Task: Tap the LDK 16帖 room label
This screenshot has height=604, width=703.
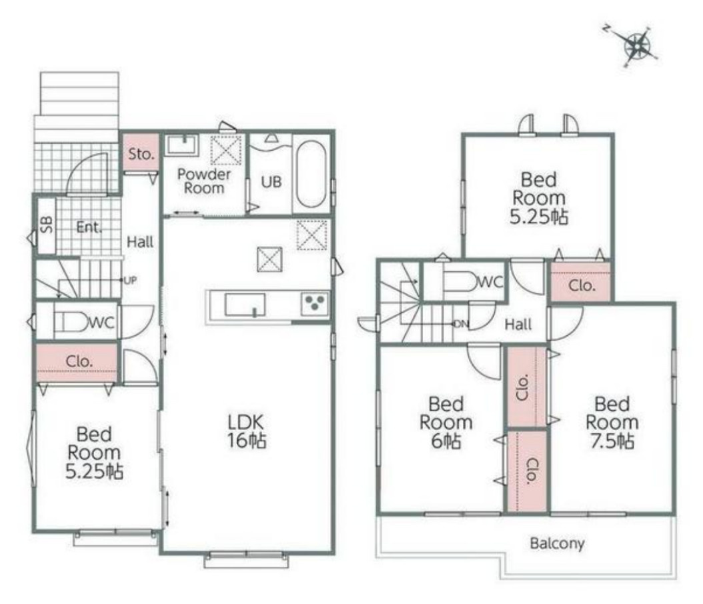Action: pos(246,431)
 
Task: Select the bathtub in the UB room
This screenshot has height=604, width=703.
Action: pos(311,174)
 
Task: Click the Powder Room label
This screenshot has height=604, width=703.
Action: pos(204,181)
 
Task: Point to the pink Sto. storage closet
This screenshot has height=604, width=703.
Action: pos(141,153)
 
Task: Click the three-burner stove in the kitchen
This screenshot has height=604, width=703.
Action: pos(315,303)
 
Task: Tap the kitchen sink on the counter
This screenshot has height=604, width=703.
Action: pos(245,305)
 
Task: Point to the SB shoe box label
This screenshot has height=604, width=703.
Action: pos(47,225)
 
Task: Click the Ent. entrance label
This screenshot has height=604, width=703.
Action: pos(89,227)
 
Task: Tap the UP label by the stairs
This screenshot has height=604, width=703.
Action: pos(130,281)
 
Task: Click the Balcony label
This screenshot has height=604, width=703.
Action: pos(557,543)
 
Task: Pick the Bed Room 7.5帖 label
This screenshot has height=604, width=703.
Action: pos(612,423)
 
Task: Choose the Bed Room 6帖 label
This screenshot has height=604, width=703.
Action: pos(446,423)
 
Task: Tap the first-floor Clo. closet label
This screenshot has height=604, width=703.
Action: pos(79,361)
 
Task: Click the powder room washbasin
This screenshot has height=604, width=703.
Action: pos(181,145)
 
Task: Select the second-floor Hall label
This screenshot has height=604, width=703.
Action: pos(518,324)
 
